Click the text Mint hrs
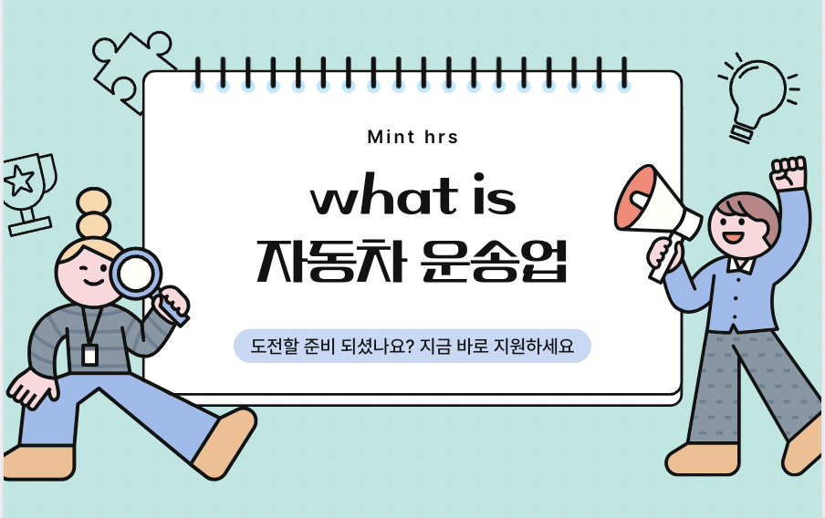(x=412, y=138)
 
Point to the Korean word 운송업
(x=494, y=262)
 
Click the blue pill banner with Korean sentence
(x=412, y=346)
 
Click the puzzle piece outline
(x=131, y=69)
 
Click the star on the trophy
(x=20, y=181)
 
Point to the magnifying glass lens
(x=136, y=274)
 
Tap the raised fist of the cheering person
(x=788, y=172)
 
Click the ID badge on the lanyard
(x=89, y=355)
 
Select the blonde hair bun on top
(x=94, y=213)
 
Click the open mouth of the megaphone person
(x=733, y=236)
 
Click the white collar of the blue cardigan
(x=741, y=264)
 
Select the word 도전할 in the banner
(x=275, y=346)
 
